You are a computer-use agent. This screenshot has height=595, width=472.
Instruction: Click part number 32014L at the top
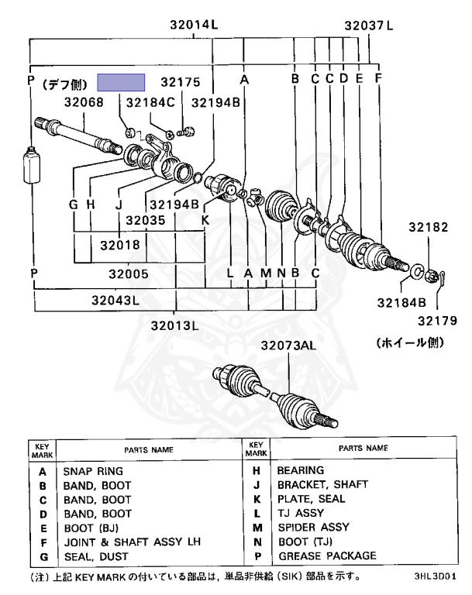(195, 25)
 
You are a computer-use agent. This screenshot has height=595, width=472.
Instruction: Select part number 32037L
(370, 25)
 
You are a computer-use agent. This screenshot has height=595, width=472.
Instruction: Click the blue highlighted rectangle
(121, 83)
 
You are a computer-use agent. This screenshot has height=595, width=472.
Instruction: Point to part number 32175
(181, 81)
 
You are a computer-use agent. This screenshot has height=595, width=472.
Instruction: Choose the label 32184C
(151, 101)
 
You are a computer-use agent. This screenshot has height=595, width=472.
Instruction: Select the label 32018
(119, 245)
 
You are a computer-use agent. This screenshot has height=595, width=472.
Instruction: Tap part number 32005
(128, 273)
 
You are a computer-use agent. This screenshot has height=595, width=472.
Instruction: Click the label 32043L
(115, 300)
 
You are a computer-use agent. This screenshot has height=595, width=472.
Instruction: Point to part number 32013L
(175, 325)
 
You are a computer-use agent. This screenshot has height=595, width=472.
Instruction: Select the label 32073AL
(288, 346)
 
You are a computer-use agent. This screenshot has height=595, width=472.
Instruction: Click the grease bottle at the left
(32, 164)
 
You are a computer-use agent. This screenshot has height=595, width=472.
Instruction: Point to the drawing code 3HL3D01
(435, 577)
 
